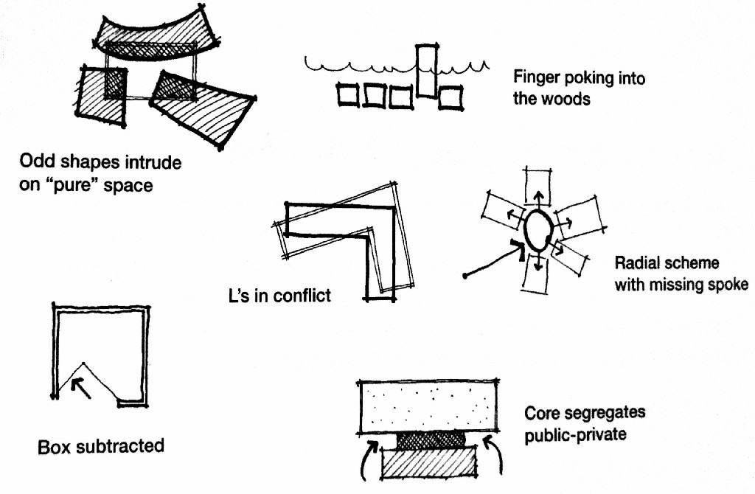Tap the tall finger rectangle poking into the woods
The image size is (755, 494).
pos(426,72)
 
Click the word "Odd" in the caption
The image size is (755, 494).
pos(36,161)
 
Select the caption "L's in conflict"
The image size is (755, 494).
pos(279,296)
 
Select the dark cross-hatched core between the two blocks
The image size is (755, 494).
pos(431,441)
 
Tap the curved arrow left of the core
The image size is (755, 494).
pos(368,457)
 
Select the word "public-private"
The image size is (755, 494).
pos(575,434)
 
